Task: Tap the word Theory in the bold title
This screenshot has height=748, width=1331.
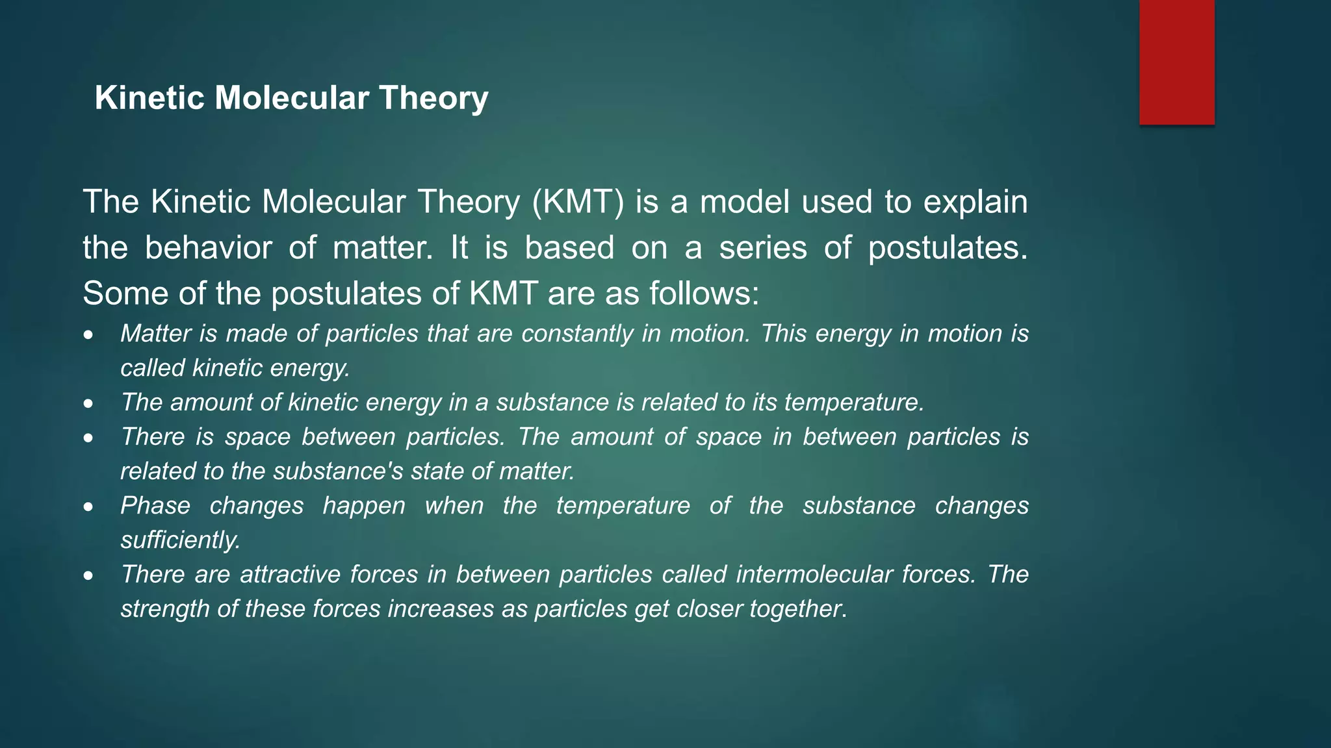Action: click(433, 98)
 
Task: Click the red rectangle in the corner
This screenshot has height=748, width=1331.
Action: click(1176, 62)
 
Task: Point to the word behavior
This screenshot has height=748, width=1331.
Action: click(208, 248)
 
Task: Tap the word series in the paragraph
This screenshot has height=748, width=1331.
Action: click(762, 248)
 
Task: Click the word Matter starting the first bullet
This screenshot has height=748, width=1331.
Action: click(156, 334)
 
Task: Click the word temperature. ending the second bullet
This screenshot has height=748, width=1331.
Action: click(854, 403)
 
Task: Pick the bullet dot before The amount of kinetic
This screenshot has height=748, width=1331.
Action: click(88, 405)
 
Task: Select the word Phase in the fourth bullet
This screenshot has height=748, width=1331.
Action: click(155, 506)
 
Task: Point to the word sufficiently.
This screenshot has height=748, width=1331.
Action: click(181, 540)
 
